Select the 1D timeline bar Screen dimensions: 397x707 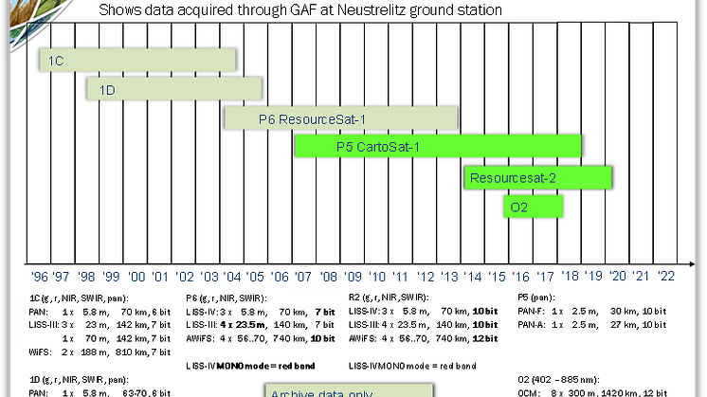(x=174, y=89)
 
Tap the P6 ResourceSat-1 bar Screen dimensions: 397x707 (x=341, y=118)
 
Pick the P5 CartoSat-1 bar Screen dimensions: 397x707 (x=438, y=147)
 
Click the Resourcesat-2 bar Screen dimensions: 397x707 (x=537, y=177)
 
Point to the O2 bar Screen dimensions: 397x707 (x=533, y=206)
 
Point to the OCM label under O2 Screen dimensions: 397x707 (x=531, y=391)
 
